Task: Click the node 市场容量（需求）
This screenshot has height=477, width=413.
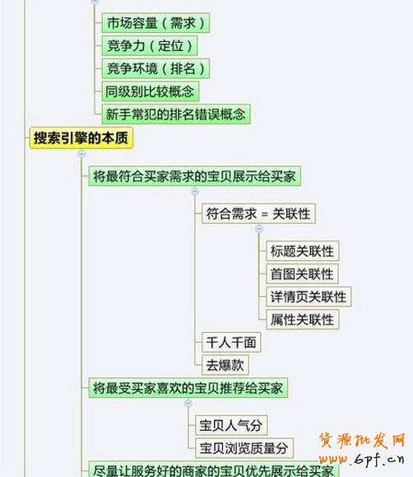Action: (155, 23)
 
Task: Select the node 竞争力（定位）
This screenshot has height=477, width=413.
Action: (150, 45)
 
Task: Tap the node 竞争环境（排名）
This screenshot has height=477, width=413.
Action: (155, 68)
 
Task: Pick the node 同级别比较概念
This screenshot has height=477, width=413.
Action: (151, 91)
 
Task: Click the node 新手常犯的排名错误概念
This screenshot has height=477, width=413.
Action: (176, 114)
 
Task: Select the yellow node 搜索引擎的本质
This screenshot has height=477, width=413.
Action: (81, 138)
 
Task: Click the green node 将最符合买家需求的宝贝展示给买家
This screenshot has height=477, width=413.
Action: (194, 175)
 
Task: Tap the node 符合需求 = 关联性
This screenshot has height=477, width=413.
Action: (258, 213)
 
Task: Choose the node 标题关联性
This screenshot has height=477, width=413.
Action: (303, 251)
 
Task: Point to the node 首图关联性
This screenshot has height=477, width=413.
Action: (303, 274)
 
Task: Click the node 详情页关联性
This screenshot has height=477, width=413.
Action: (309, 297)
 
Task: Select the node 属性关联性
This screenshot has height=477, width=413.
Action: (303, 320)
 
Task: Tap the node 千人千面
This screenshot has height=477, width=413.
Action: (231, 342)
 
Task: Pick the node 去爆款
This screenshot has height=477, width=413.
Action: (225, 365)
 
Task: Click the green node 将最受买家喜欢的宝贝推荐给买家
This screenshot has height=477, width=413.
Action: (188, 388)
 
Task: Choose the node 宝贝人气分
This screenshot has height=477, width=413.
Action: (231, 425)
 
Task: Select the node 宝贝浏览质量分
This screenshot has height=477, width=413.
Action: (244, 448)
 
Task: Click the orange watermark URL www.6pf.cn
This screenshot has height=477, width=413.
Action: (362, 459)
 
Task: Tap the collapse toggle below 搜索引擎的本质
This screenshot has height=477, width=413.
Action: (81, 154)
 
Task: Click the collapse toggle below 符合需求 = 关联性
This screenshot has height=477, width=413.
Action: (259, 228)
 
